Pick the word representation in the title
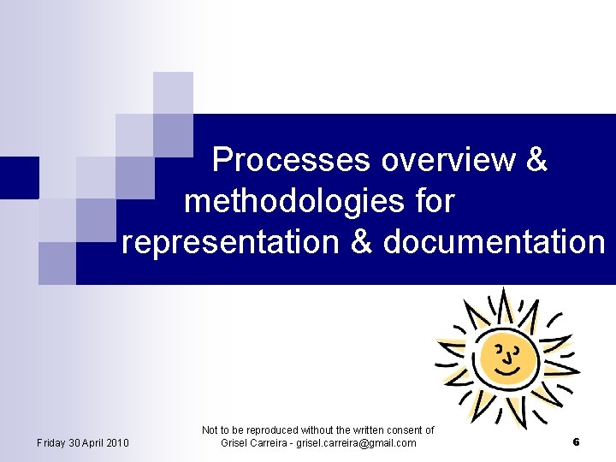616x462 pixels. (x=231, y=243)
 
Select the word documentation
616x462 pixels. (x=494, y=243)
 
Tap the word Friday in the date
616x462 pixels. (x=52, y=442)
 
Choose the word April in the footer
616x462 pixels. (x=96, y=442)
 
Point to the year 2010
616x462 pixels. (x=118, y=442)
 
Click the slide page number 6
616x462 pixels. (x=576, y=442)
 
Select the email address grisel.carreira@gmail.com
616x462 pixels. (x=354, y=443)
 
